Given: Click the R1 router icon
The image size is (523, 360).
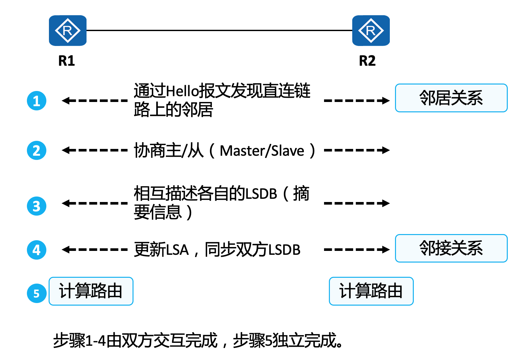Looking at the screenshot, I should (x=67, y=31).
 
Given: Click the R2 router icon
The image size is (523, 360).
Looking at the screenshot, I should (x=371, y=31).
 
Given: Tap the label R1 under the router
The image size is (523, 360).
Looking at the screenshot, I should (x=66, y=61).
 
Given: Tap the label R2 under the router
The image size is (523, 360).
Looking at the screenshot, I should (x=367, y=61).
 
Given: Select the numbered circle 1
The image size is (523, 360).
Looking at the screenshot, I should (x=37, y=101).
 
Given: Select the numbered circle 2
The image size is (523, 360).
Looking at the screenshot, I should (x=37, y=150).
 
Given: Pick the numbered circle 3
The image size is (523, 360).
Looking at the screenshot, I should (x=37, y=206).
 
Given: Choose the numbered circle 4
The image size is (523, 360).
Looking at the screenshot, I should (x=37, y=250).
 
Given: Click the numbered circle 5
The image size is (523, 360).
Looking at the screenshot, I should (x=37, y=293).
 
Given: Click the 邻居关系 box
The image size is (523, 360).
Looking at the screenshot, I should (x=451, y=98).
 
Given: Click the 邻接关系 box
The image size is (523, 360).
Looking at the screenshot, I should (x=451, y=248).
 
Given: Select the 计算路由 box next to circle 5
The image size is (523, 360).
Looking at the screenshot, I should (x=91, y=291).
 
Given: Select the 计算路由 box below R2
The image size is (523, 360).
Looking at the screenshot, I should (x=371, y=291).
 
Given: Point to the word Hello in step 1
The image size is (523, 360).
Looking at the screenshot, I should (x=182, y=91).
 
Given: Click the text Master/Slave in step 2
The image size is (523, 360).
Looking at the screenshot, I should (x=262, y=151).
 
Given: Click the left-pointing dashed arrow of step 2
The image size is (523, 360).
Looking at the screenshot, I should (x=95, y=150).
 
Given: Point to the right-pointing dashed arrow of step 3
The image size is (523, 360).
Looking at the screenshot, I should (x=356, y=203).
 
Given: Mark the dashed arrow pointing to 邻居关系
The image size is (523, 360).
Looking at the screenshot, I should (x=356, y=101).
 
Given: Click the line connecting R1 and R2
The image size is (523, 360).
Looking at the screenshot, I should (x=219, y=30).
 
